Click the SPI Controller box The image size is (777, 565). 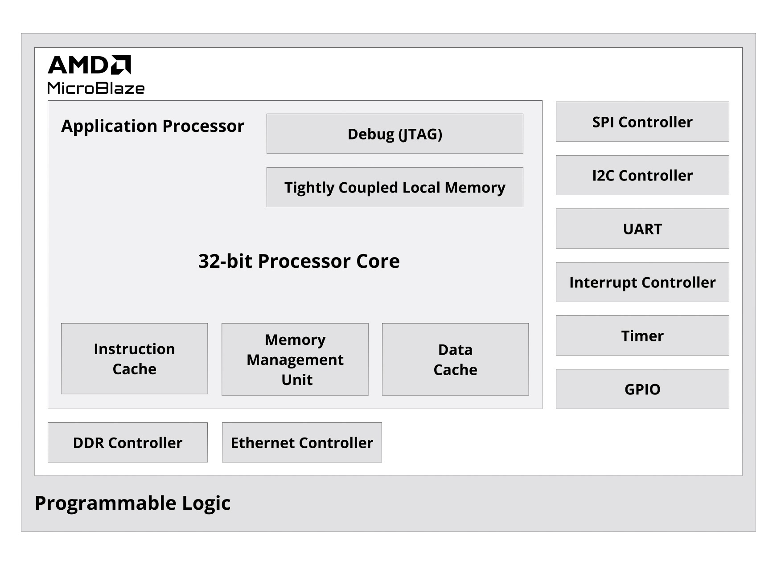pos(642,122)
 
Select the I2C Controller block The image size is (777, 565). pos(642,175)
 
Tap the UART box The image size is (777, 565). pos(642,229)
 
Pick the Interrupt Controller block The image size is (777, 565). pos(642,282)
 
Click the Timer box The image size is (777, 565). pos(642,336)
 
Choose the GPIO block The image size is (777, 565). pos(642,389)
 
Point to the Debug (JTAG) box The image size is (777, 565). pos(395,134)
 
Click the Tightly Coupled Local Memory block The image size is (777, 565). pos(395,187)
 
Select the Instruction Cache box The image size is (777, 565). pos(134,359)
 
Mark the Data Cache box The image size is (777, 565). pos(455,359)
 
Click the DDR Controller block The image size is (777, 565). pos(127,442)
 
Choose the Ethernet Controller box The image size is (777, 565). pos(302,442)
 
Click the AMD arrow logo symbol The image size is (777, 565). pos(121,65)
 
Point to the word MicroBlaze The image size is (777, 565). pos(96,88)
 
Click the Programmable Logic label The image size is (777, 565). pos(132,503)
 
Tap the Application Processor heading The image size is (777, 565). pos(152,126)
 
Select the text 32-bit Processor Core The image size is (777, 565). pos(299,261)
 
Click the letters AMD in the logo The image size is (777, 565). pos(78,65)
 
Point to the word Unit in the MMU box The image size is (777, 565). pos(297,380)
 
